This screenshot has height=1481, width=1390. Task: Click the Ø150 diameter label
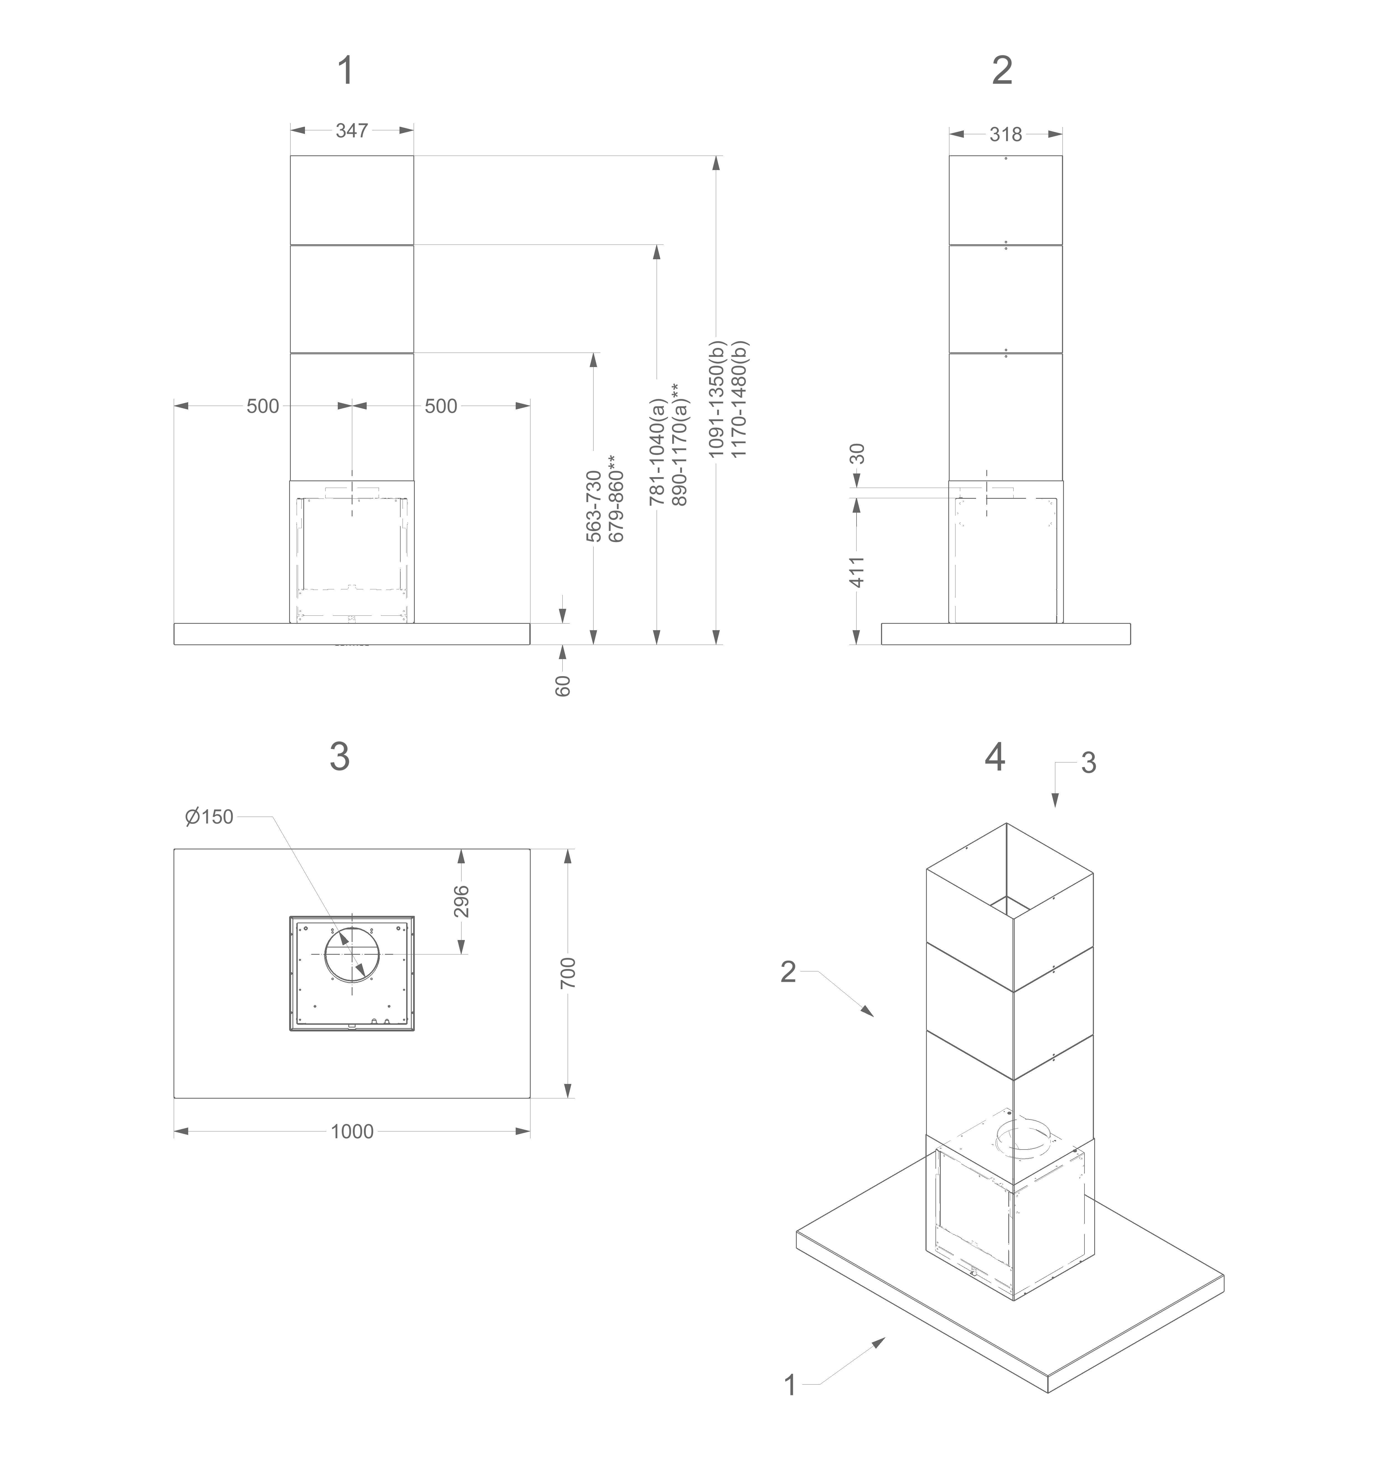tap(209, 817)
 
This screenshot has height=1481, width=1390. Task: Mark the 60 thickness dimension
tap(564, 686)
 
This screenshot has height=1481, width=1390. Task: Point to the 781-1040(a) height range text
tap(657, 452)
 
